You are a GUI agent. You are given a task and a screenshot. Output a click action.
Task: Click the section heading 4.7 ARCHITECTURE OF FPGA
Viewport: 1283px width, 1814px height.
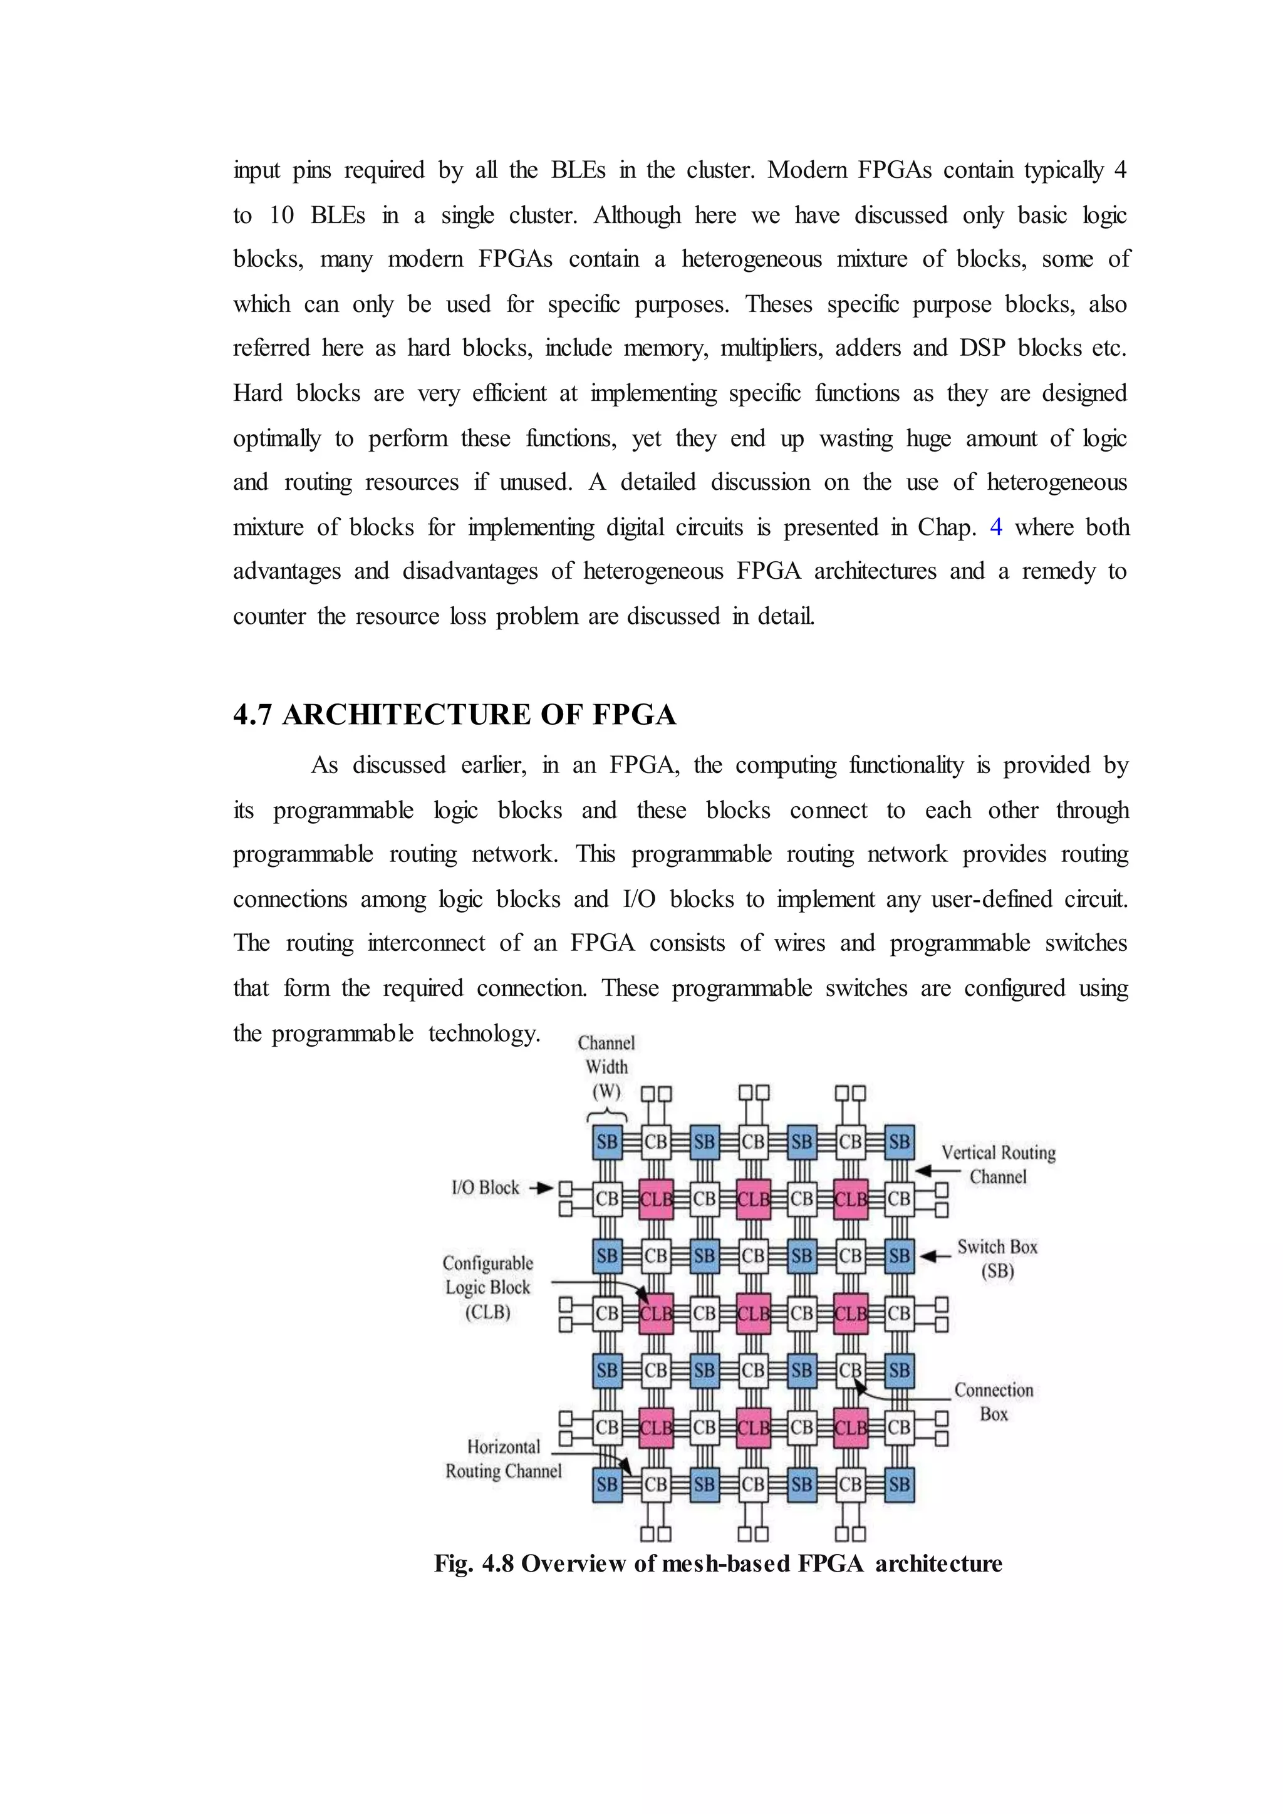tap(454, 715)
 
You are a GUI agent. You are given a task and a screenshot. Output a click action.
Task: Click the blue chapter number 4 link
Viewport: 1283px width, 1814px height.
tap(995, 527)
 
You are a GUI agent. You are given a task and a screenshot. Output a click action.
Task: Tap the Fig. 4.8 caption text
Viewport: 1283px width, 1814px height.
tap(717, 1563)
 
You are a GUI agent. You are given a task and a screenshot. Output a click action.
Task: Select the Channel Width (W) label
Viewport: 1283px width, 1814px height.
tap(606, 1067)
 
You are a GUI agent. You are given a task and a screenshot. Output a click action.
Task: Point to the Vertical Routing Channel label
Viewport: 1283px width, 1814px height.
tap(998, 1164)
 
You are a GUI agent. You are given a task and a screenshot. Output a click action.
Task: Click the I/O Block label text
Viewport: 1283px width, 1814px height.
tap(485, 1188)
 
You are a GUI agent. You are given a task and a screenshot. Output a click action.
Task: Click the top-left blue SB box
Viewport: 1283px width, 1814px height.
tap(607, 1142)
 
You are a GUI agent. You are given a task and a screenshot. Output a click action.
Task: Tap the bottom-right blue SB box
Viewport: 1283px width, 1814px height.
tap(899, 1484)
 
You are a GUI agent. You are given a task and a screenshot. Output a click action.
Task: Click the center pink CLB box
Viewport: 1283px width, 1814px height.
tap(753, 1313)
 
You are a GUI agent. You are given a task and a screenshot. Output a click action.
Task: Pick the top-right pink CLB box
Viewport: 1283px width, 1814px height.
tap(851, 1198)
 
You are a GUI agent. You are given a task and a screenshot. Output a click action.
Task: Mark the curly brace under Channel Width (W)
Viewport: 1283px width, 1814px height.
tap(607, 1115)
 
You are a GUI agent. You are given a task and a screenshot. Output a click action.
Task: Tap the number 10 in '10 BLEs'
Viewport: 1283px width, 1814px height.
tap(281, 215)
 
